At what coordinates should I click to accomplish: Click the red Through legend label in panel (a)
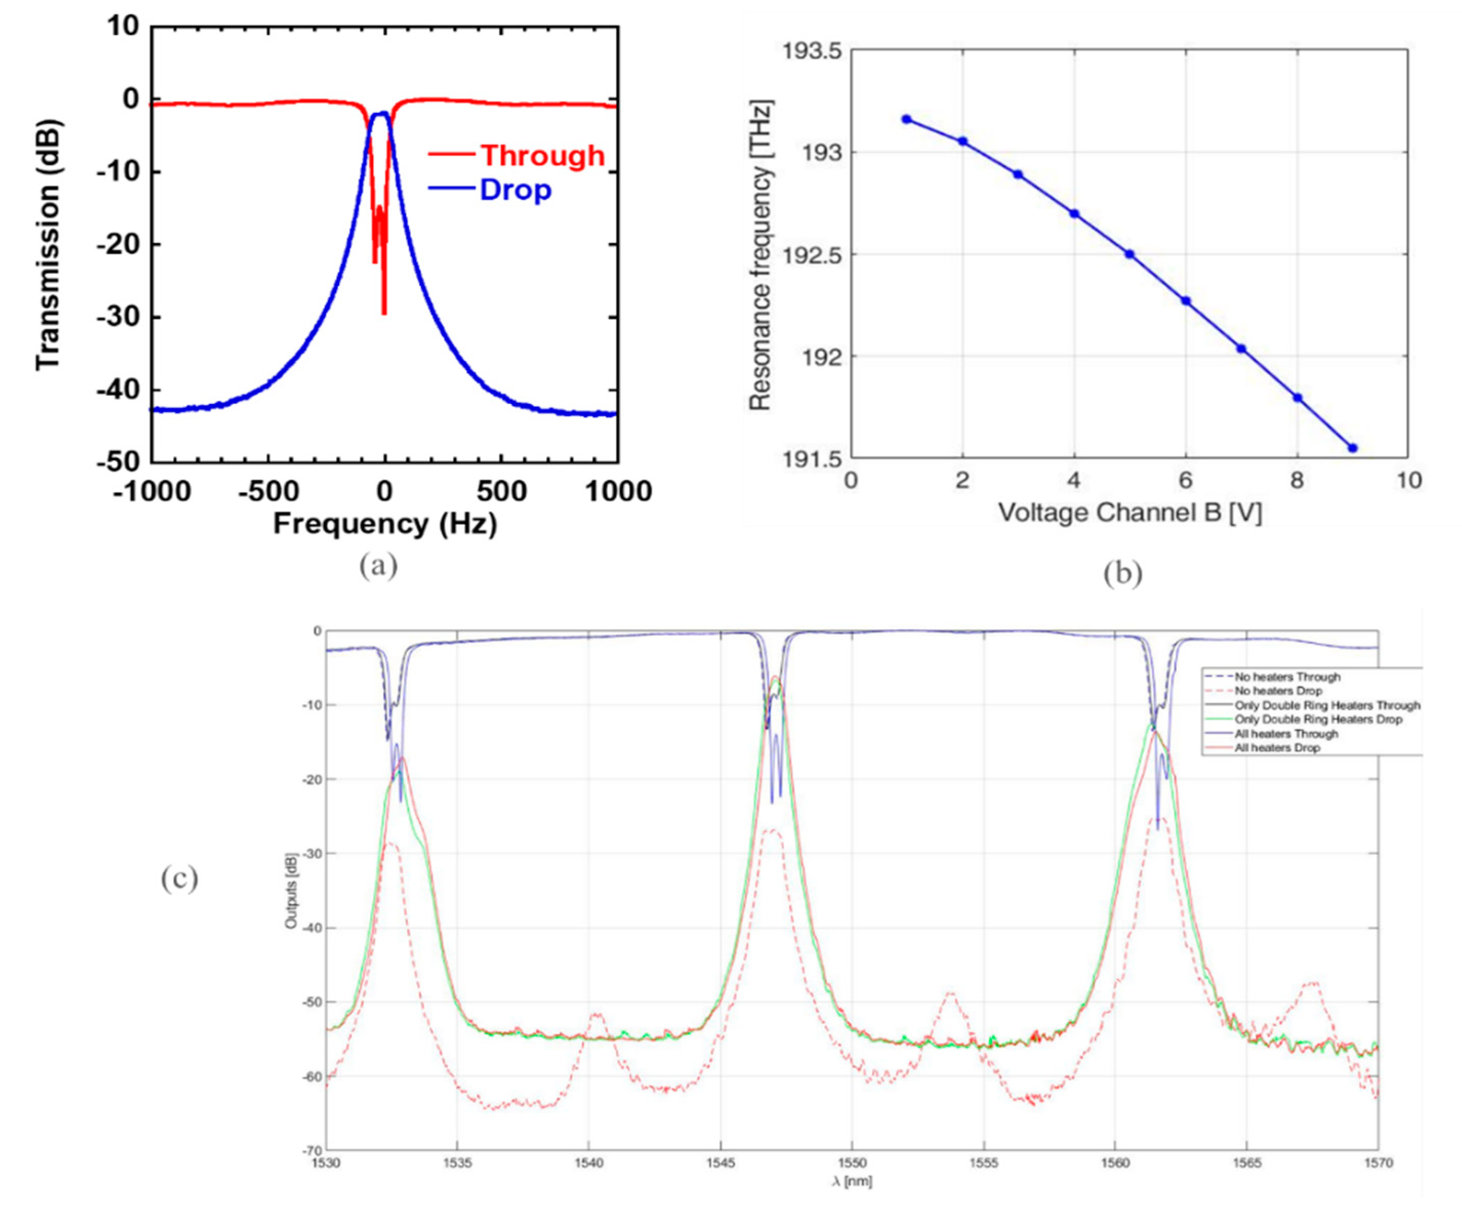pos(542,155)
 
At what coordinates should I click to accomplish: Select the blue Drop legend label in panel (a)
pos(515,190)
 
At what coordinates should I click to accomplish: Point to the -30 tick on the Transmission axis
pos(118,317)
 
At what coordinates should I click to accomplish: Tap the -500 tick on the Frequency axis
pos(269,491)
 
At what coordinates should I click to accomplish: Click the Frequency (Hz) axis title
pos(385,524)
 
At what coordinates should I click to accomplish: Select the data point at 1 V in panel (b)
pos(907,119)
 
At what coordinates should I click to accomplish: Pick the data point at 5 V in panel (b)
pos(1130,254)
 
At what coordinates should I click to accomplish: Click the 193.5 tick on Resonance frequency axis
pos(812,52)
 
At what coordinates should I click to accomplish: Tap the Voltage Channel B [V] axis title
pos(1129,513)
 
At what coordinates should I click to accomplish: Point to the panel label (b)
pos(1122,572)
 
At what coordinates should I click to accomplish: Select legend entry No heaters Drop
pos(1278,691)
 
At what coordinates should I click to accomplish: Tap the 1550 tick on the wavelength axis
pos(852,1163)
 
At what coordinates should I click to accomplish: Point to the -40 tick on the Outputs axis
pos(312,928)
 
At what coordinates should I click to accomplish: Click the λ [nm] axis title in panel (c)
pos(852,1181)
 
